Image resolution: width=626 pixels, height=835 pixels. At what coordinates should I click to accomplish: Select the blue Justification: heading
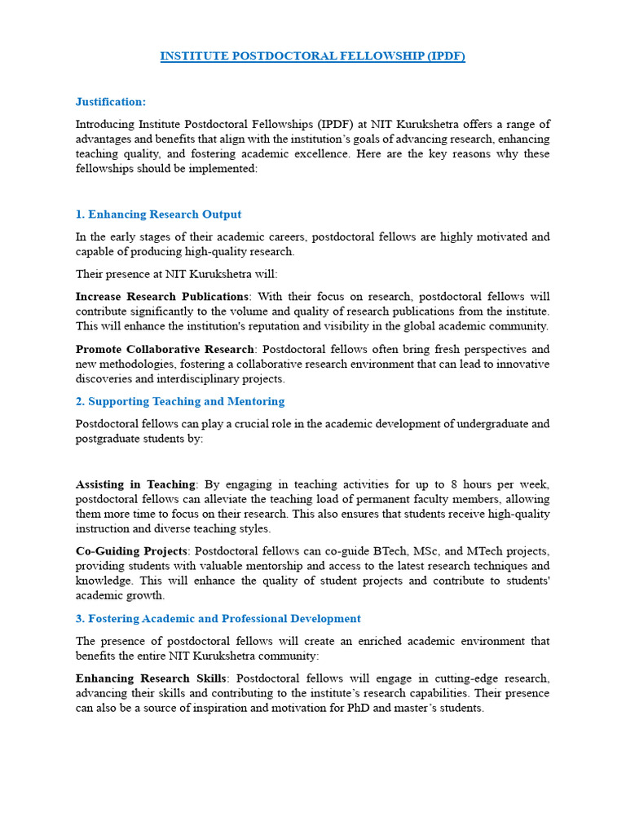[x=111, y=102]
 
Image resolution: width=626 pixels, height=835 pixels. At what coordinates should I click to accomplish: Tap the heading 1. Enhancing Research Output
[x=158, y=214]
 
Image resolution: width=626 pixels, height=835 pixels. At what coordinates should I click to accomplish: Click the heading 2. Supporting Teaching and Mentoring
[x=180, y=401]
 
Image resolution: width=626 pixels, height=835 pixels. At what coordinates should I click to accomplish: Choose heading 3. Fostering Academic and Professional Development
[x=218, y=619]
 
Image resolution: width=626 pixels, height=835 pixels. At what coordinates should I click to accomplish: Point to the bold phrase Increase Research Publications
[x=162, y=296]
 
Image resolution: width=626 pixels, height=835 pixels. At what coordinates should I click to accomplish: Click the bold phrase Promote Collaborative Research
[x=165, y=349]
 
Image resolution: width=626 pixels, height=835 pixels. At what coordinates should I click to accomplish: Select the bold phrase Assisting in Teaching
[x=135, y=484]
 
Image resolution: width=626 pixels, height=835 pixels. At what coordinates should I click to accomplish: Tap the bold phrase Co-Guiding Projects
[x=131, y=551]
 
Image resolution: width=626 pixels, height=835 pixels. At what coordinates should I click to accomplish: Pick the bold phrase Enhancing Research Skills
[x=152, y=678]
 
